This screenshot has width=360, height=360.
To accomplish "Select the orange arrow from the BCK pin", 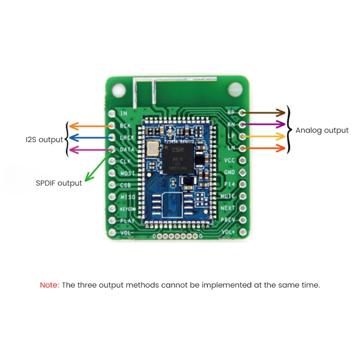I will (x=90, y=126).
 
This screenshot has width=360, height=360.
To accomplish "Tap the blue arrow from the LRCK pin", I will (x=90, y=138).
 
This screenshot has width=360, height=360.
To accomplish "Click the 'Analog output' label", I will (x=322, y=130).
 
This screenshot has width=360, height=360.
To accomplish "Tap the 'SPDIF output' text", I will (x=59, y=183).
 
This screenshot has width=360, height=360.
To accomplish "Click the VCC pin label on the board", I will (x=230, y=160).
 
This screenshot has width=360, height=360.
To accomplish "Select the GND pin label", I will (x=230, y=172).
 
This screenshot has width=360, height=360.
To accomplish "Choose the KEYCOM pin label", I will (x=127, y=209).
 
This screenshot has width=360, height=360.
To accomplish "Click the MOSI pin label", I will (x=127, y=174).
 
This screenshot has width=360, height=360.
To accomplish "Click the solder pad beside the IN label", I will (x=112, y=113).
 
